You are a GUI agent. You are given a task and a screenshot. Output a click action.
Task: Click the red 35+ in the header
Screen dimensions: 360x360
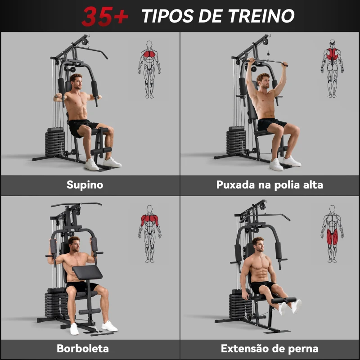pyautogui.click(x=104, y=16)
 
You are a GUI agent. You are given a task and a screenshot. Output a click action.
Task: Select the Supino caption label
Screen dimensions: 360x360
pyautogui.click(x=85, y=185)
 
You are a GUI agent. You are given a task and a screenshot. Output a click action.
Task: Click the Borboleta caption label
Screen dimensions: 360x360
pyautogui.click(x=83, y=348)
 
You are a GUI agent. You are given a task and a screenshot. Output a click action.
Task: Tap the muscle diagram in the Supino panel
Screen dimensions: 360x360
pyautogui.click(x=149, y=69)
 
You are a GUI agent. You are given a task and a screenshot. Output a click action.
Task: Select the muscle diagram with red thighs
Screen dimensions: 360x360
pyautogui.click(x=332, y=234)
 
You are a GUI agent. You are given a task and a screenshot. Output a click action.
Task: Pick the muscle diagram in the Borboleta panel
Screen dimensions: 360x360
pyautogui.click(x=149, y=234)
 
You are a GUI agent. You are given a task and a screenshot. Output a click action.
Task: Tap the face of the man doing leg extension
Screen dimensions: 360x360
pyautogui.click(x=258, y=246)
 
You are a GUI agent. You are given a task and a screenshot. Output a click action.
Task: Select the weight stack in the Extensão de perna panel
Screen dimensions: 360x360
pyautogui.click(x=238, y=306)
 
